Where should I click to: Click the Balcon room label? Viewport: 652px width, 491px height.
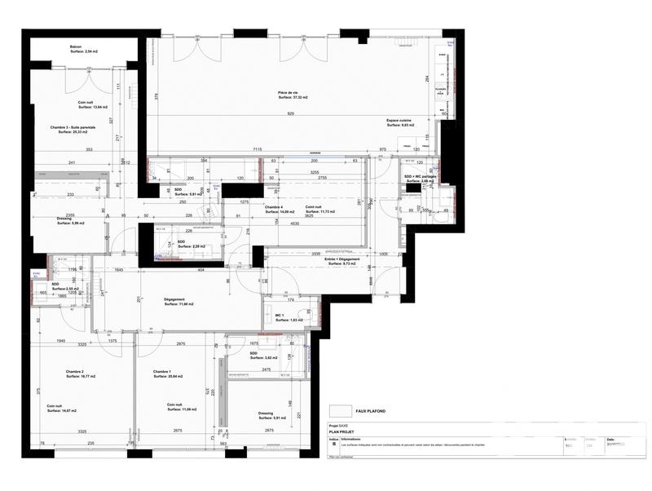[75, 47]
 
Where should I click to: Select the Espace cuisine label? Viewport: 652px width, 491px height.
[400, 120]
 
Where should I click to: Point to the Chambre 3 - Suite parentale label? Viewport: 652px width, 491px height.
[73, 127]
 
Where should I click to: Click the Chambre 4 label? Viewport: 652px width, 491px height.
[274, 207]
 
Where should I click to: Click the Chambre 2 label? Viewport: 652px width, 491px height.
[76, 372]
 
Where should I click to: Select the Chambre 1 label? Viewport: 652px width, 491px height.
[161, 372]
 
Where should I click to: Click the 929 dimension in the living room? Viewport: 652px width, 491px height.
[291, 114]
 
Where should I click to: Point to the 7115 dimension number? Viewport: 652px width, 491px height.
[257, 150]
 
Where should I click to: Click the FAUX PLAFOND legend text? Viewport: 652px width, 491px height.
[372, 412]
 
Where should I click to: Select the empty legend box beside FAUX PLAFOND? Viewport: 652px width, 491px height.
[341, 412]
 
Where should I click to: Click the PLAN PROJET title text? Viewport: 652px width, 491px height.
[342, 432]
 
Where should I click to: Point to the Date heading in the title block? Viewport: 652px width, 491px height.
[610, 438]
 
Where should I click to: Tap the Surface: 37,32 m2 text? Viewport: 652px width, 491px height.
[292, 98]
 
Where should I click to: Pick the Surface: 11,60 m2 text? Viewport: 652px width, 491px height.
[178, 304]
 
